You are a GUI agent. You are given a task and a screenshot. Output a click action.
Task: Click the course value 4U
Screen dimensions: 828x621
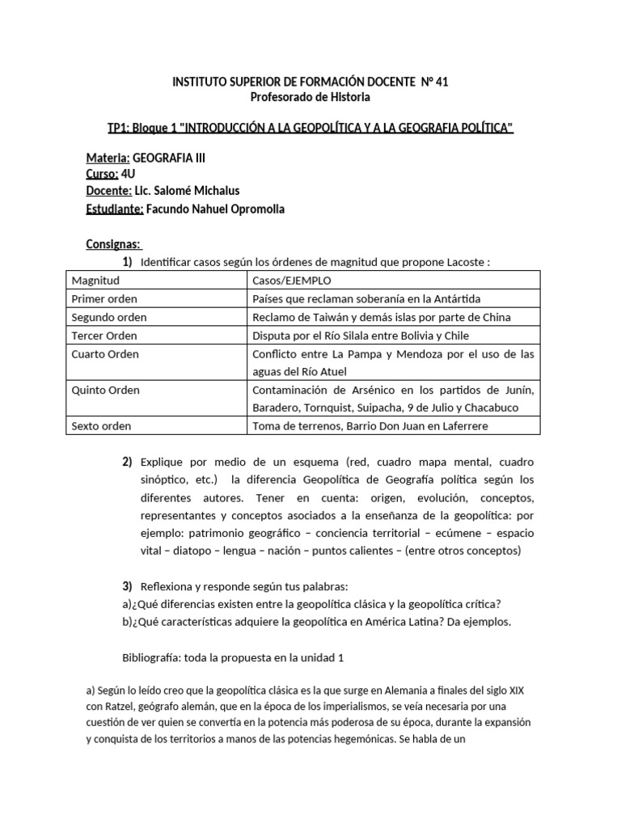point(130,174)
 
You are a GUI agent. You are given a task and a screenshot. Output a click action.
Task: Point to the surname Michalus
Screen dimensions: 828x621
point(213,191)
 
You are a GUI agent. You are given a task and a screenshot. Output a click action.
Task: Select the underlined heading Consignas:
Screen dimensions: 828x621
point(114,244)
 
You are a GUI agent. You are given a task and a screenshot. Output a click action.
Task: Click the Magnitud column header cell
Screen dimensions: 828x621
point(95,281)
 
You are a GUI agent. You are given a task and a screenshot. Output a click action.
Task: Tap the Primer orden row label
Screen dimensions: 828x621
point(104,298)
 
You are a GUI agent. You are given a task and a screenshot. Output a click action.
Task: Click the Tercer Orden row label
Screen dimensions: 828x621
point(104,336)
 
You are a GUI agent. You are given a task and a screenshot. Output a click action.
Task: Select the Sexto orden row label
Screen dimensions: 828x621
point(102,425)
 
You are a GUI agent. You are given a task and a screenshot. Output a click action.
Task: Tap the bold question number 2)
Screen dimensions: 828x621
point(127,462)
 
